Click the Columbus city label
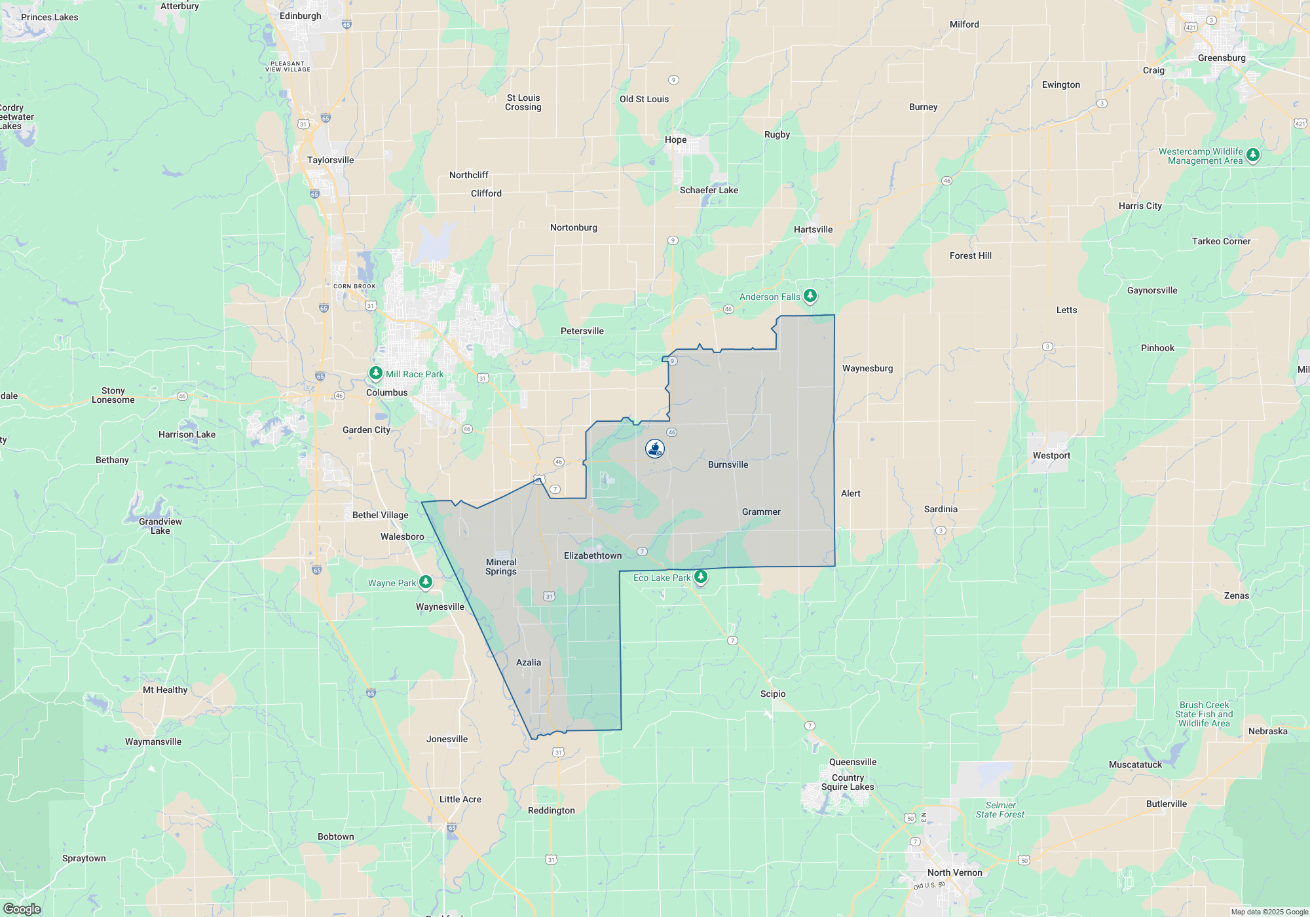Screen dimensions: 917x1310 [x=386, y=392]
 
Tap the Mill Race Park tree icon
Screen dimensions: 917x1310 [x=375, y=373]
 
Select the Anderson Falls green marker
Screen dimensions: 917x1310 [x=810, y=296]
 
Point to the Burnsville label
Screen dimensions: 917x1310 [x=728, y=464]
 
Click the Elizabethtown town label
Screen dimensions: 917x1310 [x=593, y=555]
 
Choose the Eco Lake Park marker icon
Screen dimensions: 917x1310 [x=701, y=577]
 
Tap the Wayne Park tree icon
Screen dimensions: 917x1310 [x=426, y=582]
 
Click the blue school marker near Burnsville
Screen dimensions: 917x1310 [x=655, y=449]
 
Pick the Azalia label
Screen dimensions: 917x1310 [x=529, y=662]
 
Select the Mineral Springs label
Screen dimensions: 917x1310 [x=501, y=567]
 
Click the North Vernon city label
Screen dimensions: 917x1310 [x=954, y=872]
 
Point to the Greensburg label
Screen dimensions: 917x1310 [x=1222, y=58]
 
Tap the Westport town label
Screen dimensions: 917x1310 [x=1051, y=455]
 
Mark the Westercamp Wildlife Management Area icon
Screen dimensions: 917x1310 [x=1253, y=155]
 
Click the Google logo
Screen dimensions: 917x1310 [x=22, y=908]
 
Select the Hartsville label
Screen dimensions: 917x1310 [x=813, y=229]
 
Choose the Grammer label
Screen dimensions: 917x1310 [x=761, y=512]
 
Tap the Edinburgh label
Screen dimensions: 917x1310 [x=300, y=16]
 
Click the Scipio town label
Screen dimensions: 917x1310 [x=773, y=694]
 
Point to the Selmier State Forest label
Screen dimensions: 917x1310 [x=1000, y=810]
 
